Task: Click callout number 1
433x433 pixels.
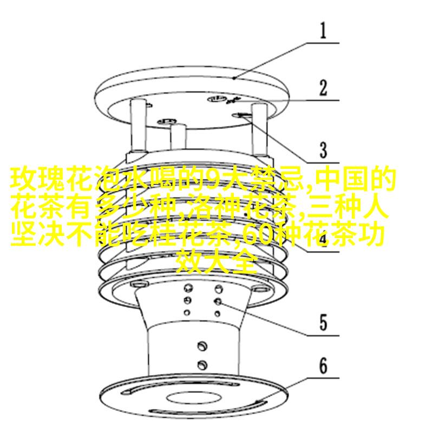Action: [x=322, y=31]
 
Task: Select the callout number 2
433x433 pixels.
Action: [x=323, y=88]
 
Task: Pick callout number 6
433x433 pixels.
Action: [x=323, y=366]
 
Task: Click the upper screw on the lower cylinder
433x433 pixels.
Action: [x=201, y=345]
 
